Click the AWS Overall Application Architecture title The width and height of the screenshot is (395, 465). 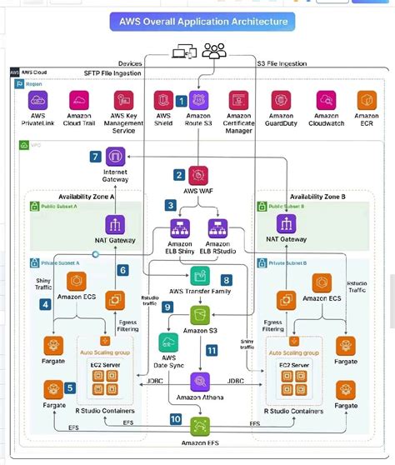(199, 21)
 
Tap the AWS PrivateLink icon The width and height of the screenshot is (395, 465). (38, 100)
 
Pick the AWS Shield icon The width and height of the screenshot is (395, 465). (164, 100)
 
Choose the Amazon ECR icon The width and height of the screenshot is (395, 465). (367, 100)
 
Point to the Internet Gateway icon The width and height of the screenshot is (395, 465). (115, 157)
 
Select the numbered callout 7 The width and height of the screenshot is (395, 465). (96, 156)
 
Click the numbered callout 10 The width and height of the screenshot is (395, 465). (175, 419)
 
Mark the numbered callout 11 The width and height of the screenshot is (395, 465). (212, 352)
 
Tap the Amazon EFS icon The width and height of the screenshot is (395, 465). (200, 427)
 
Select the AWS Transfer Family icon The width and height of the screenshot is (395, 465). (199, 277)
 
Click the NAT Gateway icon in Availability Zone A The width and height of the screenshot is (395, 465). (115, 222)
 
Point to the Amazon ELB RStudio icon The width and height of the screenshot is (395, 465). (217, 227)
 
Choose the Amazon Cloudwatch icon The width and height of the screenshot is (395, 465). (326, 100)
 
